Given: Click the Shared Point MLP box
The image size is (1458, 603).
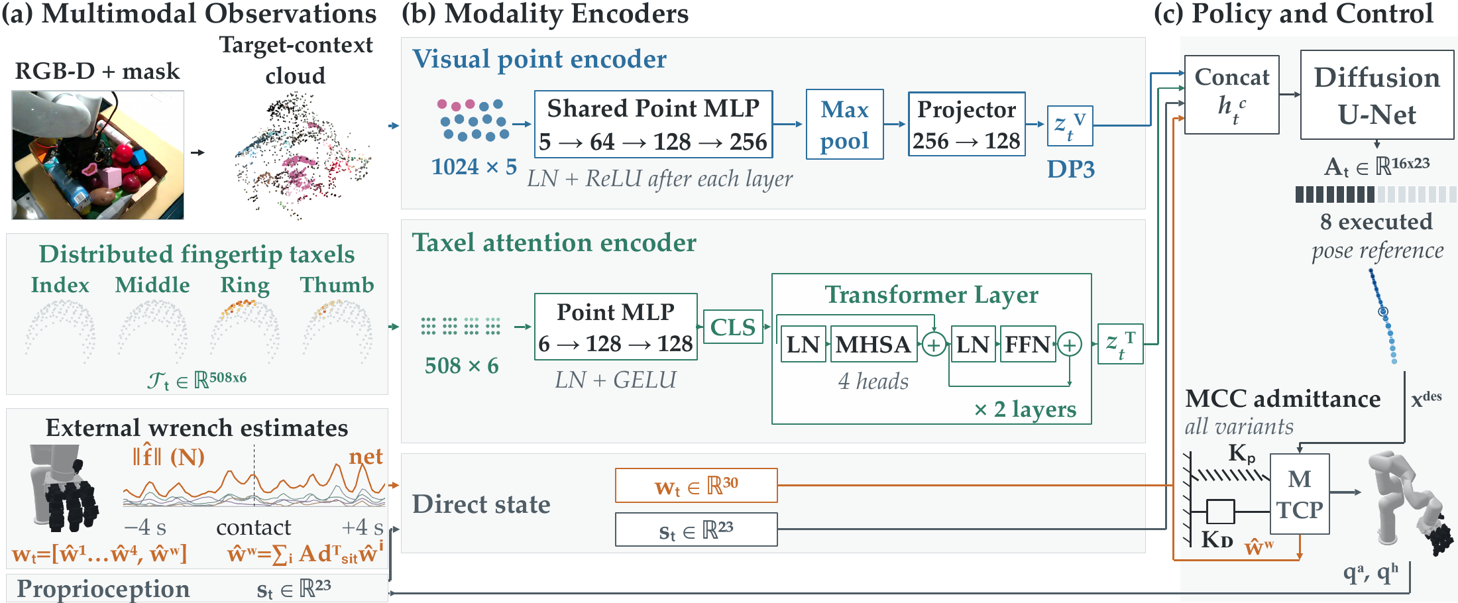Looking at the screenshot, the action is [653, 125].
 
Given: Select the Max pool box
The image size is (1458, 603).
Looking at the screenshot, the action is [844, 125].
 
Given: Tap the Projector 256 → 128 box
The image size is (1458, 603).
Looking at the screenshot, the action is [966, 125].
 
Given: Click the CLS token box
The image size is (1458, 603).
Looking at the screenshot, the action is [733, 327].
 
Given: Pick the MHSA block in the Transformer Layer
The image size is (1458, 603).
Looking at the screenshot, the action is [873, 344].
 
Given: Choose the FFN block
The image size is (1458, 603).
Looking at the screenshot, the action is [1027, 344].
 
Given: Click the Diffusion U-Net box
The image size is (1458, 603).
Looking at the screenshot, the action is [1377, 95].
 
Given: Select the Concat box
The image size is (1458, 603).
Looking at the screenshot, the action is [1231, 95].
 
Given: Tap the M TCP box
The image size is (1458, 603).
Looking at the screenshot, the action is [1300, 494].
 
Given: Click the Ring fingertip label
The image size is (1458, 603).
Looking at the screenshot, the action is [245, 286].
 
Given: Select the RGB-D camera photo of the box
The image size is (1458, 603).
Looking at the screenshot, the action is [97, 155].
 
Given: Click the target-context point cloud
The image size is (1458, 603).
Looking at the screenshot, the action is [302, 156].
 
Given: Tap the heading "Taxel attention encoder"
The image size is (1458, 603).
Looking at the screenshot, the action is [554, 243].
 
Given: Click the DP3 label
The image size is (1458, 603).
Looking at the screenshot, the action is [1070, 170].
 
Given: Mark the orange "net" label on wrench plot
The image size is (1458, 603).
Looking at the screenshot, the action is [366, 456].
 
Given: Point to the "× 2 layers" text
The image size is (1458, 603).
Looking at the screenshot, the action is [1025, 410].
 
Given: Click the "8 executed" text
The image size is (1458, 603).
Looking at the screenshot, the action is [1376, 221].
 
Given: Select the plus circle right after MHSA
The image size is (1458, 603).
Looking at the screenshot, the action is [934, 344].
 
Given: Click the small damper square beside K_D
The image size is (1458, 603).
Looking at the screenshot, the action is [1220, 512].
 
